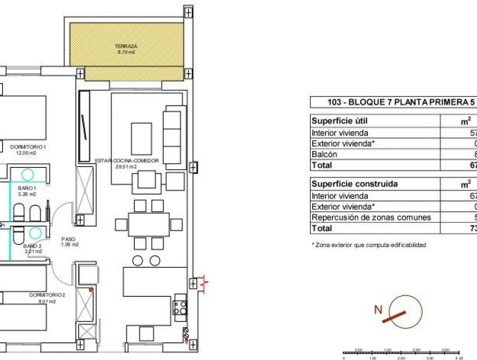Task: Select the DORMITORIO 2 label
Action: pos(47,295)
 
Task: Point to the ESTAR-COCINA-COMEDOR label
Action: pos(126,161)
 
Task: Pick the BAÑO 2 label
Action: pos(32,246)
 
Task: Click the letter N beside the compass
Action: pos(378,310)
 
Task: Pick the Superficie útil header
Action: pos(340,121)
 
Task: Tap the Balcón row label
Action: pos(324,154)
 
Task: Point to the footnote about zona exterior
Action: pos(369,245)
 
